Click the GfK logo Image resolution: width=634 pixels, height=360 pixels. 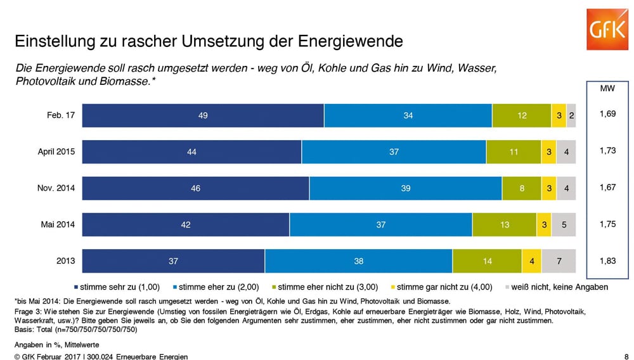point(605,29)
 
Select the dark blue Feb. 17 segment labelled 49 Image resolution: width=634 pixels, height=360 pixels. point(203,115)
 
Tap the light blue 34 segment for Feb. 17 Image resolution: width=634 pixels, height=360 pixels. point(408,115)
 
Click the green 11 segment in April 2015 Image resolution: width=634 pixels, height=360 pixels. point(514,152)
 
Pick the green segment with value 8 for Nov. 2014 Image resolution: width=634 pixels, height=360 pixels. point(521,188)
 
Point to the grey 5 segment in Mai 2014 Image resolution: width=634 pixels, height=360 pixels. point(563,224)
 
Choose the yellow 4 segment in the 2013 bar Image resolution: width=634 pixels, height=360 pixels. point(531,261)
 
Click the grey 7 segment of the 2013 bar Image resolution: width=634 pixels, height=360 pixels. point(559,261)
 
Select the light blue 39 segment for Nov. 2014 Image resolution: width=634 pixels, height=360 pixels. point(406,188)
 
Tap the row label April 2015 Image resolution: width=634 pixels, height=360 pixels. point(56,152)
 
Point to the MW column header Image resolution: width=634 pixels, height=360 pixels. point(607,89)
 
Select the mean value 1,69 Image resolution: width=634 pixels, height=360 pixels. point(607,115)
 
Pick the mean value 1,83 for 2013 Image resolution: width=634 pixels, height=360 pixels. point(607,261)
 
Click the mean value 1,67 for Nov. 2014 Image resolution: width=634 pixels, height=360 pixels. point(607,188)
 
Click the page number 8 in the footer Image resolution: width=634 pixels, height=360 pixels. point(627,356)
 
